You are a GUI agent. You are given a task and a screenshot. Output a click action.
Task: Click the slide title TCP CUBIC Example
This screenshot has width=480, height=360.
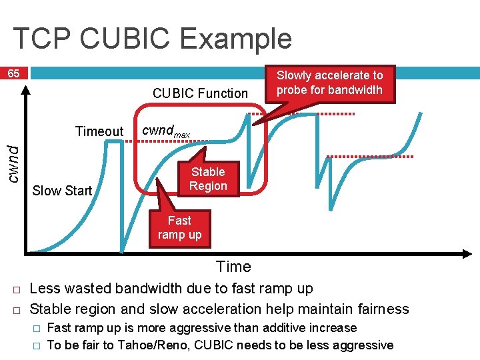[x=152, y=39]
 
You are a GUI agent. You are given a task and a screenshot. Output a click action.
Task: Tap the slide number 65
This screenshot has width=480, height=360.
[x=13, y=73]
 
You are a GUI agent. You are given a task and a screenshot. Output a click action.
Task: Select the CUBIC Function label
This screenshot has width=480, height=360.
[x=200, y=93]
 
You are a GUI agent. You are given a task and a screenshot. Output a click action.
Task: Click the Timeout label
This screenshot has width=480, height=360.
[x=99, y=131]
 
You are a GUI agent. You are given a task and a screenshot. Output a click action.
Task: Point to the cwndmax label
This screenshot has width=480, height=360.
[x=166, y=132]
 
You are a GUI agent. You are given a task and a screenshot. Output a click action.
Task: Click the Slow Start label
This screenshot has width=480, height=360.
[x=62, y=191]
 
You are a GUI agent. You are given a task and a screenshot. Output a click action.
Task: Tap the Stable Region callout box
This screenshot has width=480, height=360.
[x=208, y=179]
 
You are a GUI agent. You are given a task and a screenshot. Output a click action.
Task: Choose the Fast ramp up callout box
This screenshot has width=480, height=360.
[x=179, y=227]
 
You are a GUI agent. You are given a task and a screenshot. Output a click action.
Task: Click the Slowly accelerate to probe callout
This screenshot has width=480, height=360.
[x=329, y=83]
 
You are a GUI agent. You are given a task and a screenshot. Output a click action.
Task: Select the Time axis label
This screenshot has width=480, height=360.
[x=233, y=267]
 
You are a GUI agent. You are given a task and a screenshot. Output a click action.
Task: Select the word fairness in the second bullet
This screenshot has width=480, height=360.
[x=383, y=309]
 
